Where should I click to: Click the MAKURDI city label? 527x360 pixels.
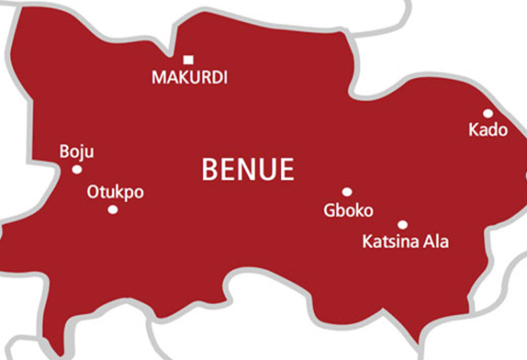(190, 78)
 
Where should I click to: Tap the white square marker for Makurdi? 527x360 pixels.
(189, 59)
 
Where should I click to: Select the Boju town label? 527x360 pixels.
(76, 151)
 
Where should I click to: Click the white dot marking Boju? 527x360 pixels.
(76, 170)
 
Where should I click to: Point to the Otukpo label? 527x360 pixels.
(116, 192)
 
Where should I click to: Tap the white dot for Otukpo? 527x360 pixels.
(113, 210)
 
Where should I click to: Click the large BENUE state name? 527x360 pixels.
(248, 170)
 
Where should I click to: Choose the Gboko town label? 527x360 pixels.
(348, 210)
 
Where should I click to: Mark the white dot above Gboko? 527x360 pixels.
(347, 192)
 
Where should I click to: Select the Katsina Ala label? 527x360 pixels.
(406, 242)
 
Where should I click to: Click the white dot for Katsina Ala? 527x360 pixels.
(402, 224)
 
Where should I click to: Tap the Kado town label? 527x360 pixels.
(488, 130)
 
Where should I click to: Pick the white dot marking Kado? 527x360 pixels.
(488, 113)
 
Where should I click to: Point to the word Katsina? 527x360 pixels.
(391, 242)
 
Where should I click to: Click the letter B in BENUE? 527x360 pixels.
(210, 170)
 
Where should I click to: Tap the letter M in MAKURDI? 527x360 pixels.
(159, 78)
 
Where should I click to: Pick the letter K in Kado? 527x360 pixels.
(474, 130)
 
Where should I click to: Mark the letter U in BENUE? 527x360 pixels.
(267, 170)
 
